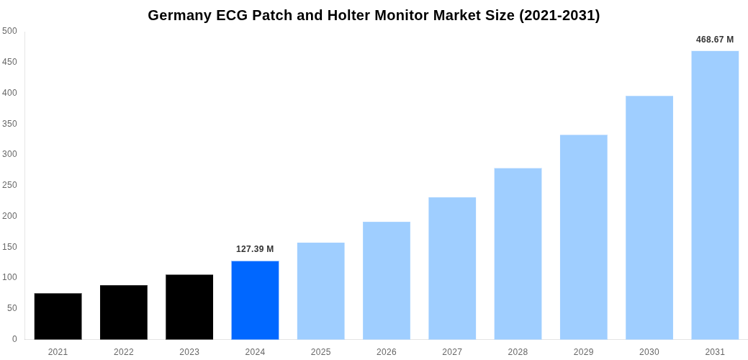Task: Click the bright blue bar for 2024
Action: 255,300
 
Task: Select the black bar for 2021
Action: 58,316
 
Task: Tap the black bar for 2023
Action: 189,307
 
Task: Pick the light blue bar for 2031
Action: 715,195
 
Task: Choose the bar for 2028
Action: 518,253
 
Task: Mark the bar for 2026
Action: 387,280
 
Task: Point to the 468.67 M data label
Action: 715,40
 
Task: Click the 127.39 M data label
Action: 255,249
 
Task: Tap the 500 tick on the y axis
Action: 9,31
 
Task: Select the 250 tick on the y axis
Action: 9,185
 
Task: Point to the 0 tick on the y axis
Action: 14,339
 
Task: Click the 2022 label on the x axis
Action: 124,352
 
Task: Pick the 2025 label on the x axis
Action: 321,352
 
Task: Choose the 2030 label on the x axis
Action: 649,352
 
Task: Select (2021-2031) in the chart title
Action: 559,15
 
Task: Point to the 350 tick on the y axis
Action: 9,124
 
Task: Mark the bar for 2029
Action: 584,237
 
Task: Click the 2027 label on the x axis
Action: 452,352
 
